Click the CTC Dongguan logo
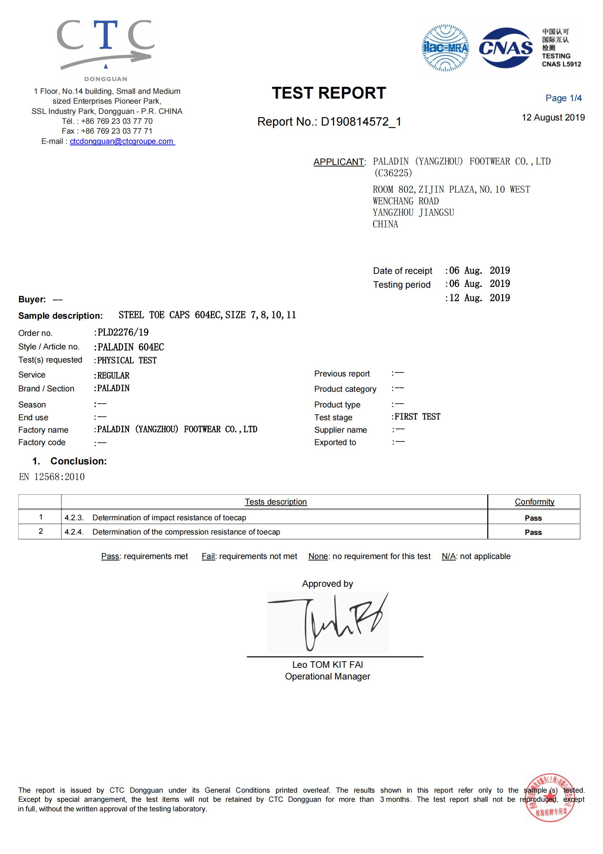click(106, 48)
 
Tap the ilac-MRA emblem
click(445, 48)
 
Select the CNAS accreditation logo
click(505, 48)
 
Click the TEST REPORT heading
click(329, 93)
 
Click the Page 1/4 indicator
click(563, 98)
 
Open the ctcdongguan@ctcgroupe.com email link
click(122, 141)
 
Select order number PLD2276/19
click(123, 332)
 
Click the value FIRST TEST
click(417, 417)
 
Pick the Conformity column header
click(534, 502)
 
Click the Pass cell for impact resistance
click(533, 518)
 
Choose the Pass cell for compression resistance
click(533, 532)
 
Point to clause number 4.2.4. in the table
click(74, 532)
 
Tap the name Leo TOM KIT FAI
click(327, 664)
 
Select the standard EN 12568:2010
click(52, 477)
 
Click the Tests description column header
click(276, 502)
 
